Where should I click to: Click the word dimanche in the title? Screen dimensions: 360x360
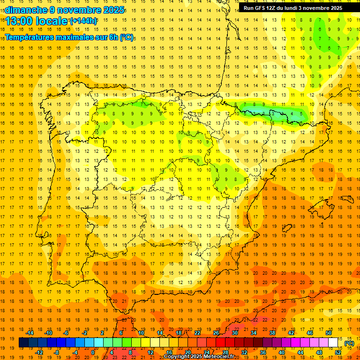coord(23,10)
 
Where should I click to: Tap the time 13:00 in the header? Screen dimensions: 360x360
coord(19,21)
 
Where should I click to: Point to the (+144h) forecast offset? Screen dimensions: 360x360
coord(83,21)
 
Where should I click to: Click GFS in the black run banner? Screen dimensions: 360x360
coord(262,8)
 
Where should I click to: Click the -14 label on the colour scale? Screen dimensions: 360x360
coord(30,333)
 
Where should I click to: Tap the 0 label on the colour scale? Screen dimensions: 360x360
coord(92,352)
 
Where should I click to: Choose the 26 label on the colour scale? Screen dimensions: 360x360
coord(216,333)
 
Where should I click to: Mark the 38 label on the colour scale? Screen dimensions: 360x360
coord(272,333)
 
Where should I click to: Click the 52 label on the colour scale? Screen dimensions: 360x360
coord(337,352)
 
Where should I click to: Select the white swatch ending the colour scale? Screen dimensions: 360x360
coord(333,343)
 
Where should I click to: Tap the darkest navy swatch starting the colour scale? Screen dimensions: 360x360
coord(23,343)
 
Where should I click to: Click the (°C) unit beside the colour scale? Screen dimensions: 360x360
coord(349,343)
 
